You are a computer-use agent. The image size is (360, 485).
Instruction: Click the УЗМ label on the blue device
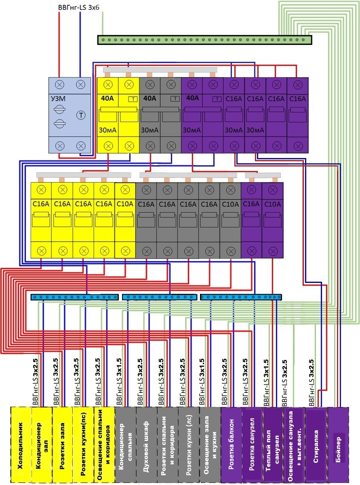(x=58, y=99)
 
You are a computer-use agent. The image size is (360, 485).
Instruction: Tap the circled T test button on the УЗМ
(x=81, y=115)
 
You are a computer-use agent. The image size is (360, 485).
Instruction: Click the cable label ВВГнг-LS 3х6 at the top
(x=79, y=8)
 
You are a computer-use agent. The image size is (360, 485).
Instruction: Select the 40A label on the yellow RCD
(x=107, y=98)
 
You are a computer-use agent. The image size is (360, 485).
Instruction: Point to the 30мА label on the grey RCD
(x=150, y=130)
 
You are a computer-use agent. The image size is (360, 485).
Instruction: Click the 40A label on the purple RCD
(x=193, y=98)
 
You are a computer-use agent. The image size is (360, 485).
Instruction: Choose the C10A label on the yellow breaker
(x=125, y=204)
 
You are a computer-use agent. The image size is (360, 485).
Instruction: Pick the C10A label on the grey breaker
(x=230, y=204)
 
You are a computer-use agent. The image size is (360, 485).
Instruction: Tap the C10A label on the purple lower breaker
(x=273, y=204)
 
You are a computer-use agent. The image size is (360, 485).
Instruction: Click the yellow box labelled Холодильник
(x=21, y=445)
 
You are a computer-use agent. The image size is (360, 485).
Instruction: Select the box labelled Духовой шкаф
(x=146, y=445)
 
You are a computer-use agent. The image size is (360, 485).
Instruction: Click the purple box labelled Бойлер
(x=338, y=445)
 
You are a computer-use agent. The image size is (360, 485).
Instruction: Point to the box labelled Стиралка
(x=316, y=445)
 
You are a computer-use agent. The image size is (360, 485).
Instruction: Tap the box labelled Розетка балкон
(x=232, y=445)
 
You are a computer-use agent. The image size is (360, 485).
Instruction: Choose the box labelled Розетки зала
(x=63, y=445)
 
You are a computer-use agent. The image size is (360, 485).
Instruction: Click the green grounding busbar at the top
(x=204, y=40)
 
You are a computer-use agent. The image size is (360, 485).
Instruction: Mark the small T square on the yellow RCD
(x=133, y=99)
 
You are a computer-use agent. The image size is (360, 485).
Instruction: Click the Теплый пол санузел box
(x=273, y=445)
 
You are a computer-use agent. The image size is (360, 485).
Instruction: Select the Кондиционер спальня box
(x=126, y=445)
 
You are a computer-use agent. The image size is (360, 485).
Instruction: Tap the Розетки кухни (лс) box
(x=189, y=445)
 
